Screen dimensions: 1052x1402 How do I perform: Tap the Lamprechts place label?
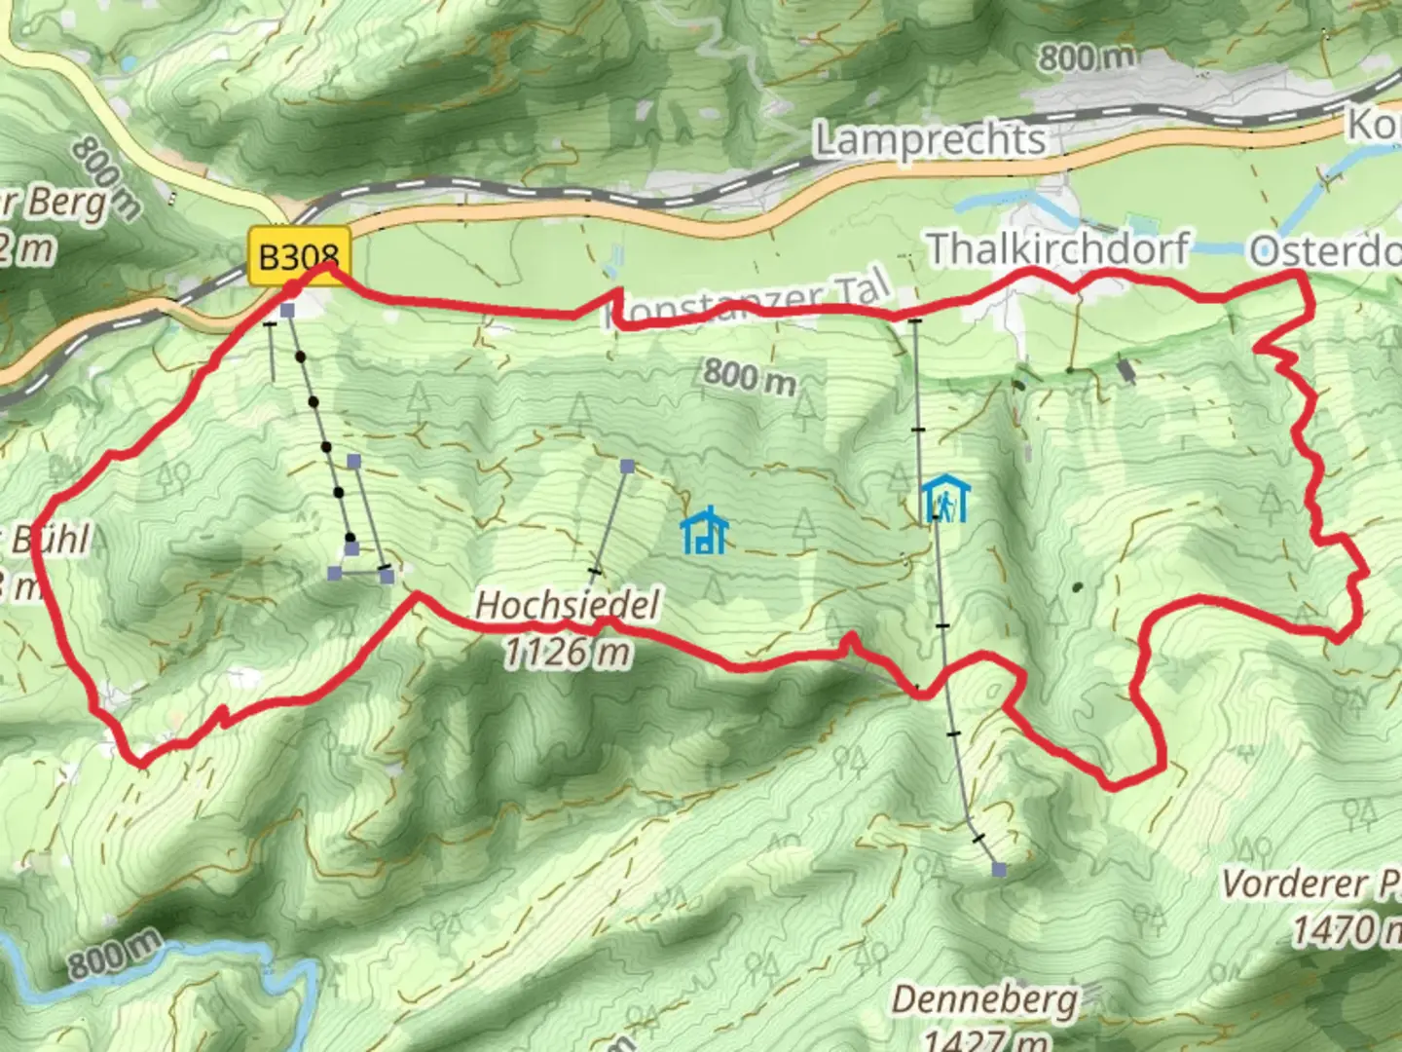[930, 140]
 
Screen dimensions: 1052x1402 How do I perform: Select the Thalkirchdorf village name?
[1057, 249]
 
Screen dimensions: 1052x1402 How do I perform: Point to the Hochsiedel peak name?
[567, 605]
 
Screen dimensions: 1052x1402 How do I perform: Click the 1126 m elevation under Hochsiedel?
[567, 651]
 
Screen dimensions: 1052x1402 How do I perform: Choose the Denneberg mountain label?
[984, 1000]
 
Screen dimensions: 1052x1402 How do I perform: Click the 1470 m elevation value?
[1346, 929]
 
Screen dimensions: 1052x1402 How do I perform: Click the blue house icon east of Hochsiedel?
[704, 531]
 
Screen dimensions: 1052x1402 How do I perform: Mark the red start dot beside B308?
[291, 288]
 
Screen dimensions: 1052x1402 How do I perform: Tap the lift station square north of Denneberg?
[998, 869]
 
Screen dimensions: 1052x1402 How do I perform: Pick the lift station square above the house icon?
[628, 467]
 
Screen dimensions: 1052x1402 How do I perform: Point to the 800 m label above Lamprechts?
[1086, 58]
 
